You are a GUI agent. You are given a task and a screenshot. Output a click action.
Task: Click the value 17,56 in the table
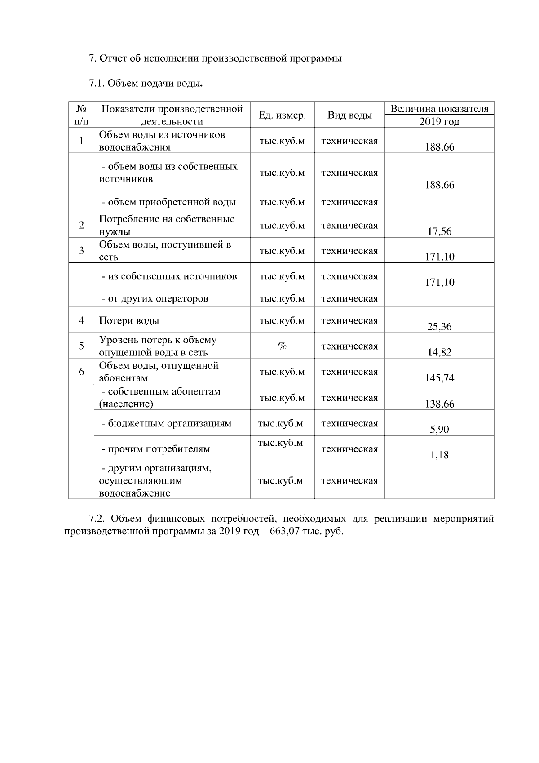click(x=439, y=231)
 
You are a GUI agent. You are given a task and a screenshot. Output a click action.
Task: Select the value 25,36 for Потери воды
click(x=439, y=327)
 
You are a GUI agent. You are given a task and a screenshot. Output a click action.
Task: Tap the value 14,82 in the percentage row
click(x=439, y=352)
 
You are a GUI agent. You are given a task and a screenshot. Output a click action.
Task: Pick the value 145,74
click(x=439, y=378)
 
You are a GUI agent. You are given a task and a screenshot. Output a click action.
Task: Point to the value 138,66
click(x=439, y=404)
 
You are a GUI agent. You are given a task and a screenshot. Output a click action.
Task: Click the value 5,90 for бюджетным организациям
click(x=439, y=430)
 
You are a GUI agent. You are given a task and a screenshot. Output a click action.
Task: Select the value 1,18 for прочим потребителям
click(x=439, y=455)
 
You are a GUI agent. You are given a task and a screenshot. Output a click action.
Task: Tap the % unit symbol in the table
click(x=282, y=346)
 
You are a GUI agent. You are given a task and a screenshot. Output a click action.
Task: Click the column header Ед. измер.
click(x=282, y=115)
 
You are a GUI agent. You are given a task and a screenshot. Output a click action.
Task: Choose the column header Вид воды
click(x=349, y=115)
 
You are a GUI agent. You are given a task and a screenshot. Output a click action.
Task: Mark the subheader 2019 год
click(x=439, y=122)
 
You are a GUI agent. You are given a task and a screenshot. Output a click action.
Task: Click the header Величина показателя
click(x=439, y=109)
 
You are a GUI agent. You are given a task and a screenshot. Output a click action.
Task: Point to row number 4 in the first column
click(x=81, y=320)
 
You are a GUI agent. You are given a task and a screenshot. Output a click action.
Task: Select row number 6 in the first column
click(x=81, y=372)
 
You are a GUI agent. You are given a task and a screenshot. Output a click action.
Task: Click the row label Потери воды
click(x=129, y=321)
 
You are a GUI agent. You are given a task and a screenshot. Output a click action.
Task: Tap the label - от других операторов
click(x=155, y=298)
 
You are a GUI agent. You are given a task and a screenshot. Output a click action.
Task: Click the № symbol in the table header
click(x=81, y=109)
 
